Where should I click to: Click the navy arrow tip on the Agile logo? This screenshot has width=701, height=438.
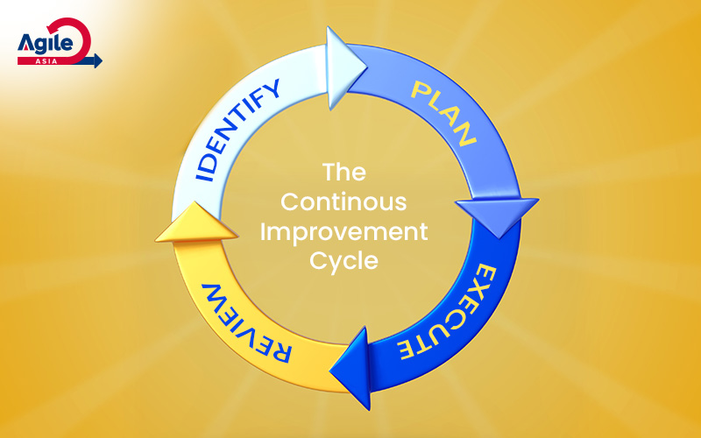coord(96,60)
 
